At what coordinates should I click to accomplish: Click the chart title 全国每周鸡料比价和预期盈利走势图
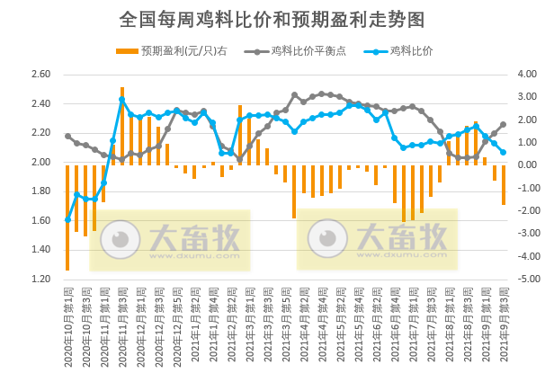pyautogui.click(x=272, y=19)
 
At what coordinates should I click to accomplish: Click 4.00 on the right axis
pyautogui.click(x=528, y=75)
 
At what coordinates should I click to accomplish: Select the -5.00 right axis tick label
pyautogui.click(x=526, y=279)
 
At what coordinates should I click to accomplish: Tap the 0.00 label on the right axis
pyautogui.click(x=528, y=165)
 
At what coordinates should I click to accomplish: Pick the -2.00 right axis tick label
pyautogui.click(x=526, y=210)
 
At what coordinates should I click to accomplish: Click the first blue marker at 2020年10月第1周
pyautogui.click(x=67, y=219)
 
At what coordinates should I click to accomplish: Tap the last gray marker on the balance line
pyautogui.click(x=503, y=124)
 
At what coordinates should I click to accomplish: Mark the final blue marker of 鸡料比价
pyautogui.click(x=503, y=152)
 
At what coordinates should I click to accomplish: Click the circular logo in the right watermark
pyautogui.click(x=324, y=238)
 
